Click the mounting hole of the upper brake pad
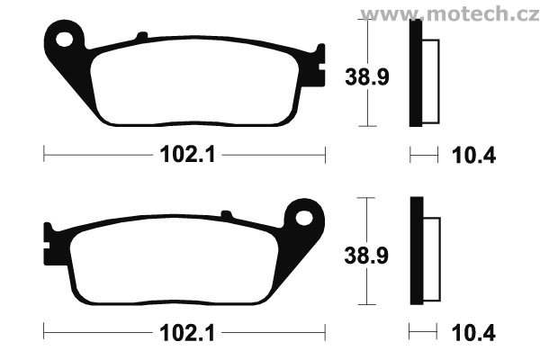65,40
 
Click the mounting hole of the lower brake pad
304,218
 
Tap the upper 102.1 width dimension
188,154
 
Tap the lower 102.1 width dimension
188,333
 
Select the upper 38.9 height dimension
367,76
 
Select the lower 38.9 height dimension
366,256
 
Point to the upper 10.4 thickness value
473,156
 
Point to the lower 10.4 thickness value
473,333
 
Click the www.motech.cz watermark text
449,13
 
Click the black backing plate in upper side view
416,73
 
